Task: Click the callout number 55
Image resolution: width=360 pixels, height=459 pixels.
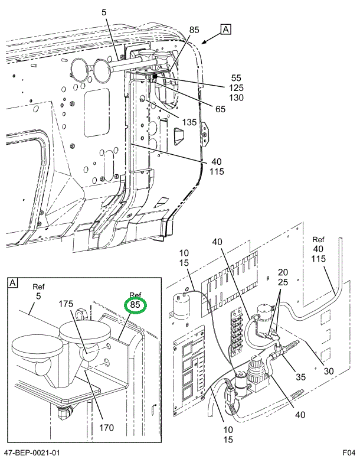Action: [x=237, y=78]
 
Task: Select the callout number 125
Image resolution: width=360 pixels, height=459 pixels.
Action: [x=237, y=88]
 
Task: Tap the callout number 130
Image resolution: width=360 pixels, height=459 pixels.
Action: [x=237, y=98]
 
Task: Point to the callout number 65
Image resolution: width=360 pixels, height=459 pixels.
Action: [x=221, y=109]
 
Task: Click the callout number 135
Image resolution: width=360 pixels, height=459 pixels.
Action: [x=190, y=123]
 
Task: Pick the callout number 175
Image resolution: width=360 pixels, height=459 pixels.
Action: [x=66, y=304]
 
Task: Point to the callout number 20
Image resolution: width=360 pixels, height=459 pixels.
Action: [x=283, y=272]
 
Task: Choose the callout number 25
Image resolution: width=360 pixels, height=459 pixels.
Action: [x=283, y=282]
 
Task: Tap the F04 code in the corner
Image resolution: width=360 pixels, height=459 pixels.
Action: [x=348, y=453]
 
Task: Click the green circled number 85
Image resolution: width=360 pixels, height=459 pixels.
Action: [x=135, y=305]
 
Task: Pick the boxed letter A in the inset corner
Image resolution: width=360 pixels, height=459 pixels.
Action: [x=12, y=283]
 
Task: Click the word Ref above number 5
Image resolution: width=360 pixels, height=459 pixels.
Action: [x=39, y=286]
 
